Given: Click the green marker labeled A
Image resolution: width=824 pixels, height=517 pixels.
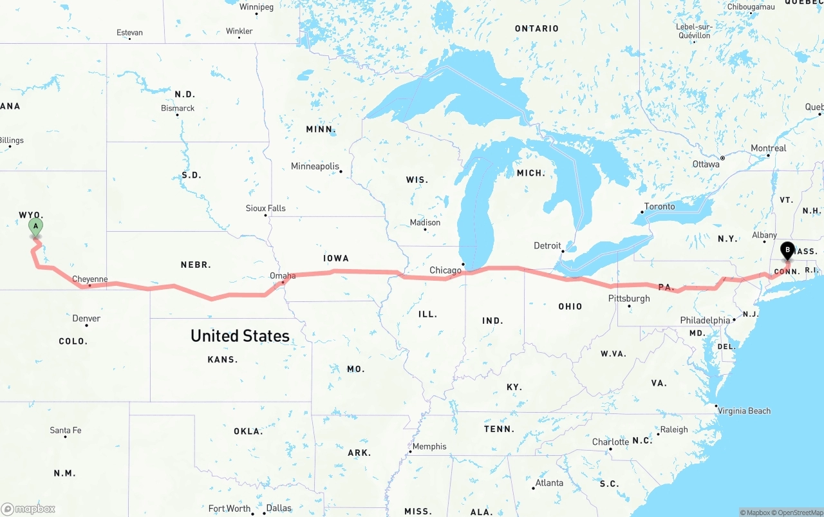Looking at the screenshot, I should coord(36,227).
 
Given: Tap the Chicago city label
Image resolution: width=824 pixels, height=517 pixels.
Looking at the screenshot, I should coord(445,270).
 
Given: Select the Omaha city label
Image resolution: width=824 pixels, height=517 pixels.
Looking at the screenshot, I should coord(283,276).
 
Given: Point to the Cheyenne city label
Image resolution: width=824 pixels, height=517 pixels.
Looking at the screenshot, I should coord(89,279).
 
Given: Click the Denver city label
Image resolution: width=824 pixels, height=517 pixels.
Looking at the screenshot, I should coord(86,319).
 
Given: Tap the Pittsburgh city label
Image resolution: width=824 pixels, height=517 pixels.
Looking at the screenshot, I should coord(629,299).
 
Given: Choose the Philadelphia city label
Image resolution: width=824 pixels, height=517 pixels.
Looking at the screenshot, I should coord(705,321).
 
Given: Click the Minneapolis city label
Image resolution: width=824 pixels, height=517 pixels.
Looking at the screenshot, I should coord(315,167).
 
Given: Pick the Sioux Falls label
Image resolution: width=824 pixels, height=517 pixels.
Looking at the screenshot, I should coord(265,209).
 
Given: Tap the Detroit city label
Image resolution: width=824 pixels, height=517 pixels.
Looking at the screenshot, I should coord(547,246).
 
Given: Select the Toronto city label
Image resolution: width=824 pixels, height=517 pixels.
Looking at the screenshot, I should coord(660,207).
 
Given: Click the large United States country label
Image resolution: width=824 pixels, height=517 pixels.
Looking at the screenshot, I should coord(239,336).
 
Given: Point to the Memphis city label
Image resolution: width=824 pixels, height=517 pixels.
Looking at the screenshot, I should coord(429,447).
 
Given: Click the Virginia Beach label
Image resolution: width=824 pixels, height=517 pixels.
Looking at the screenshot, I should coord(744,411).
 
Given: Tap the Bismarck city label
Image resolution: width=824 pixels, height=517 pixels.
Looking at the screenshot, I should coord(178,108).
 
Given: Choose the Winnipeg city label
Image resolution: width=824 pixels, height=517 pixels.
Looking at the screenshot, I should coord(256,7).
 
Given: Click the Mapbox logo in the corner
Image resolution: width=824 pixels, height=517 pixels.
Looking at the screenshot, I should coord(28,509).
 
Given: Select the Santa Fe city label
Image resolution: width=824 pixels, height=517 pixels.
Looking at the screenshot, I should coord(66,431).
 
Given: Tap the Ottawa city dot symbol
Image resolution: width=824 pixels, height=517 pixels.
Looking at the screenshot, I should coord(722,158).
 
